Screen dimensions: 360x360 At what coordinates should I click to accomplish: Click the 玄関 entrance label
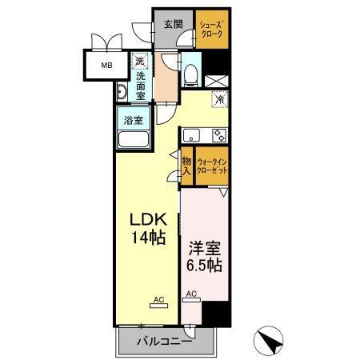coord(174,24)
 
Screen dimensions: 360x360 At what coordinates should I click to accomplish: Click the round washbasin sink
coord(121,94)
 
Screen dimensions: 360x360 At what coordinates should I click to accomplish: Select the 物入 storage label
coord(186,166)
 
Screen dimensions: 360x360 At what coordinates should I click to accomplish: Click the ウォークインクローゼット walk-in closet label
coord(213,166)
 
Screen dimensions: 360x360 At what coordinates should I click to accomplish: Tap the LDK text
coord(148,218)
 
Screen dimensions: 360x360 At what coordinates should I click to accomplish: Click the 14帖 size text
coord(148,238)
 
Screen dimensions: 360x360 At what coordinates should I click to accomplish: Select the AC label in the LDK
coord(158,301)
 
